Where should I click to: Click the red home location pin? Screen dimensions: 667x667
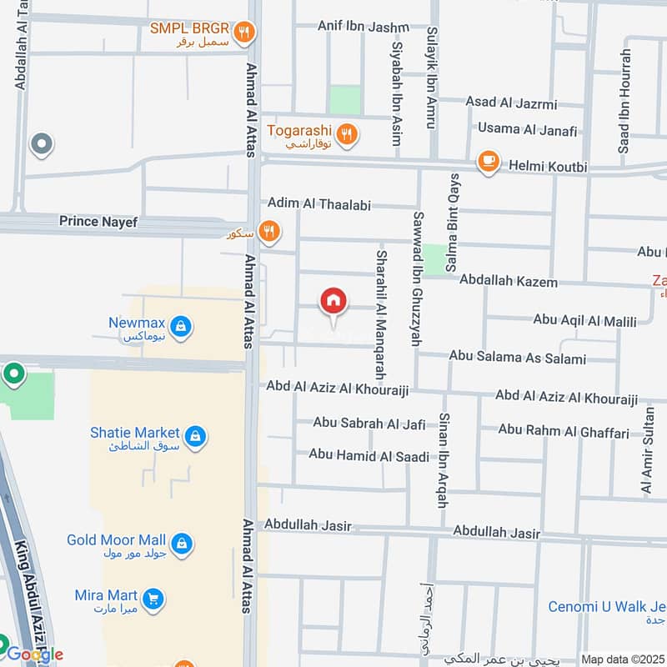coord(333,303)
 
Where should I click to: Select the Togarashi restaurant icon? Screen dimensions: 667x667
coord(348,133)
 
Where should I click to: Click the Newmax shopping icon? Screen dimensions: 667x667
coord(181,327)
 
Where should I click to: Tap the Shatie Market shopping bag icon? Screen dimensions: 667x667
coord(195,436)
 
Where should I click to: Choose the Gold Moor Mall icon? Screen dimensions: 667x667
coord(182,544)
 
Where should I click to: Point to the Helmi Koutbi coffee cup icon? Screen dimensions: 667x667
coord(488,162)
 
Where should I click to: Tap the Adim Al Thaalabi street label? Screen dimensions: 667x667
coord(318,203)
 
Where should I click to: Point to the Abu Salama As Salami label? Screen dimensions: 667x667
coord(517,358)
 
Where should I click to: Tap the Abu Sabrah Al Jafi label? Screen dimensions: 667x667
coord(369,424)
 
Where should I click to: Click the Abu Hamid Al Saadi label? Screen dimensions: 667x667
coord(369,455)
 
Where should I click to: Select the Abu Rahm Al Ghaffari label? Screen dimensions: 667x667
coord(563,430)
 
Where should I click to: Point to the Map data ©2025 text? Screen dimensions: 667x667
coord(621,659)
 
